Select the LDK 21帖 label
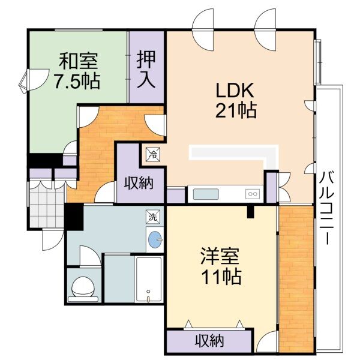236,100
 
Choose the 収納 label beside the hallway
138,183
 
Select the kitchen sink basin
206,194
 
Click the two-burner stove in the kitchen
252,194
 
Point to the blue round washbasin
155,240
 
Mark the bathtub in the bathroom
148,280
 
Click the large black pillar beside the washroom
73,216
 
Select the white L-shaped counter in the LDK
234,152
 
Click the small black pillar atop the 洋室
250,211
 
